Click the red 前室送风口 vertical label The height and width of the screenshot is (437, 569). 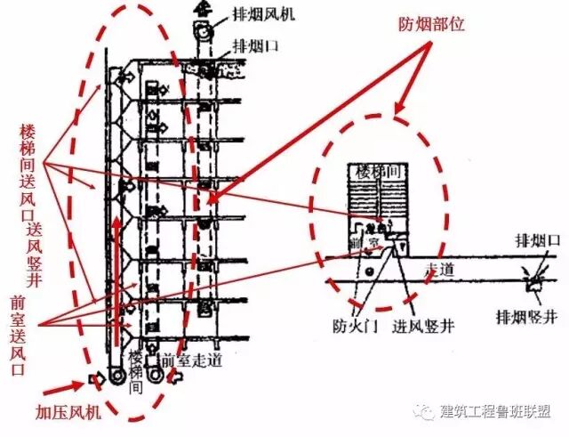click(x=18, y=334)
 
